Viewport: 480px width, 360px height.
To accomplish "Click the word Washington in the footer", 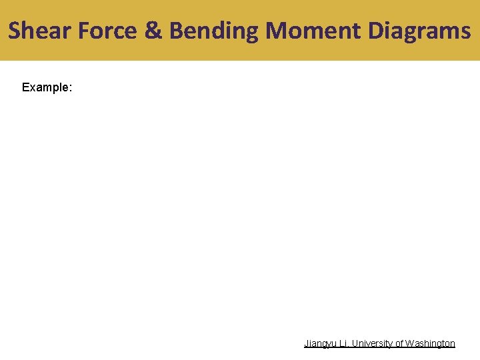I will click(x=431, y=344).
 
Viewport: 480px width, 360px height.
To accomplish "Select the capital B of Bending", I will click(x=177, y=31).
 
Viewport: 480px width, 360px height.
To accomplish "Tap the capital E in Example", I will click(x=25, y=87).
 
